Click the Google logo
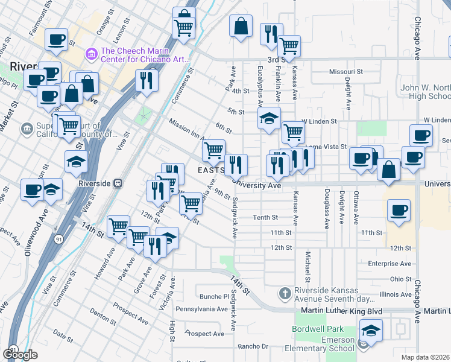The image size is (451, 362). point(20,355)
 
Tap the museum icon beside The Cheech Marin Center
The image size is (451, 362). point(92,54)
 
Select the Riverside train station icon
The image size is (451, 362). point(119,182)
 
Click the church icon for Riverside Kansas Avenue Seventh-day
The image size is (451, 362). point(285,293)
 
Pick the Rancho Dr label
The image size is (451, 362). point(253,346)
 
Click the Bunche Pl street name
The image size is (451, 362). point(212,296)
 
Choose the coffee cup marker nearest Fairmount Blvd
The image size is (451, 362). point(57,40)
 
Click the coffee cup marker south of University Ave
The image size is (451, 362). point(399,211)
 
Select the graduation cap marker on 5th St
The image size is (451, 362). point(270,119)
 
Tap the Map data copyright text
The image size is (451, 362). point(426,357)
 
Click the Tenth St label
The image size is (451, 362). point(265,217)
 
